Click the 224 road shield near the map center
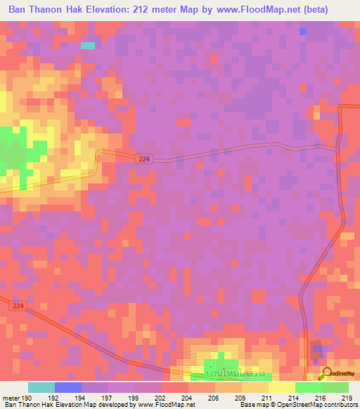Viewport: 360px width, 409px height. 143,160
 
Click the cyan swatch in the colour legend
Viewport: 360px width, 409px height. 41,387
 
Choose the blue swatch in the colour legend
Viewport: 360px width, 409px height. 68,387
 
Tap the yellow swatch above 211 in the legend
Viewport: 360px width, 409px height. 282,387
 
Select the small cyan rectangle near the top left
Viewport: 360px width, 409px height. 88,46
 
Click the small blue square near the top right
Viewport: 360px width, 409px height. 303,32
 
